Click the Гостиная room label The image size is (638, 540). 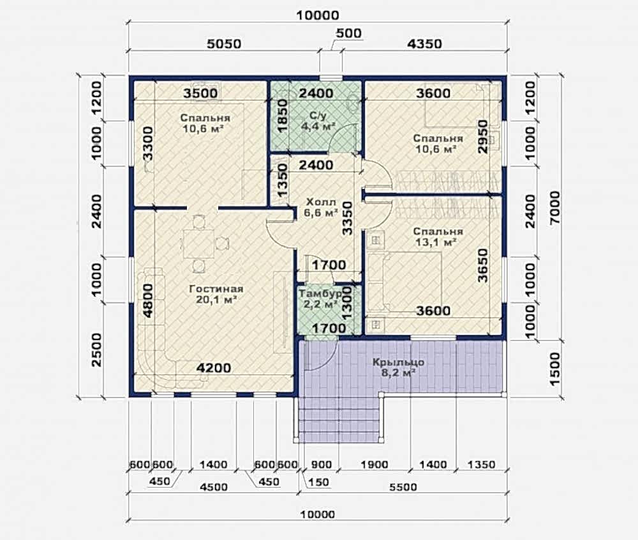(216, 289)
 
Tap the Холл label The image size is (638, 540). (321, 202)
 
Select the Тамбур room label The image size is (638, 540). (320, 293)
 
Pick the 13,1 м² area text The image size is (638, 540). (435, 242)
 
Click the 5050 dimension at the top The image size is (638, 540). (224, 43)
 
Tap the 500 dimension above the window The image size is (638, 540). (349, 33)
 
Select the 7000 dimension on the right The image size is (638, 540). (555, 207)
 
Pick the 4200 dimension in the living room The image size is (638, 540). (214, 368)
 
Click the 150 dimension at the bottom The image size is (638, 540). (318, 482)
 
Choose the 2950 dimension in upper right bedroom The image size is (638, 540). (483, 137)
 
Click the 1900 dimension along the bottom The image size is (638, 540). (374, 465)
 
